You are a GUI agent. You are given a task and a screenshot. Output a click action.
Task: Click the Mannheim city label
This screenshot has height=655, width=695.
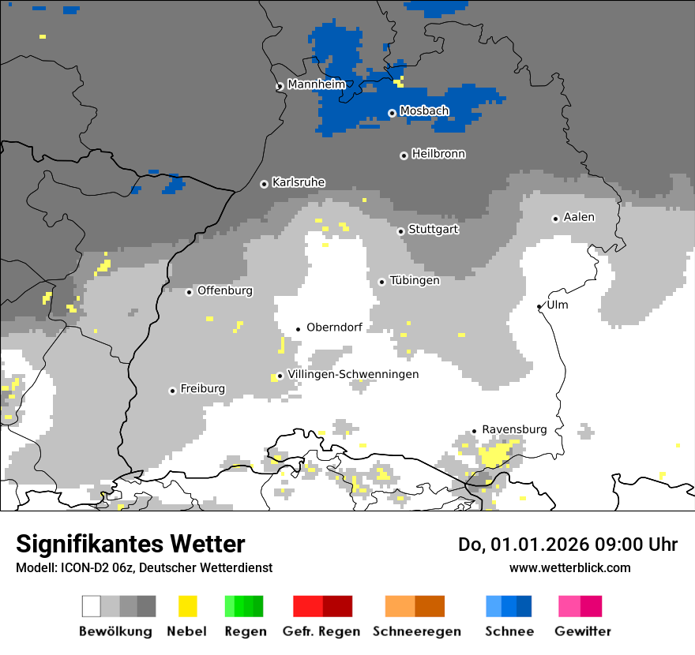tap(317, 84)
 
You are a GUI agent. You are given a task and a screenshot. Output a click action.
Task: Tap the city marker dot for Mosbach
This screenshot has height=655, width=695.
tap(392, 113)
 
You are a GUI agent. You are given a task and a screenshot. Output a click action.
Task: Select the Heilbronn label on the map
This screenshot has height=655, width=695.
tap(438, 154)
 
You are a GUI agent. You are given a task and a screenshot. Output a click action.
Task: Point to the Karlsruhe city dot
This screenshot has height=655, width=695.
tap(265, 184)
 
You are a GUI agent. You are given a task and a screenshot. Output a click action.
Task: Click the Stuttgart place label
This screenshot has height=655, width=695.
tap(434, 230)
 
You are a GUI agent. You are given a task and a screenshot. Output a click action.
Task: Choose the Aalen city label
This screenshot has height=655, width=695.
tap(579, 217)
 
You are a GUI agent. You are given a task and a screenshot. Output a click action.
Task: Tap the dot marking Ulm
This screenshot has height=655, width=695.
tap(539, 306)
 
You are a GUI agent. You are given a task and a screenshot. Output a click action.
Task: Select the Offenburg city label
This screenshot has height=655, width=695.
tap(225, 290)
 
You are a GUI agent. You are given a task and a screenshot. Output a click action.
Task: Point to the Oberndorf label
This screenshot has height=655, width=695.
tap(334, 327)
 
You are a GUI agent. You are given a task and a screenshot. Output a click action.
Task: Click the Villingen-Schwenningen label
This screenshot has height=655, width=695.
tap(353, 374)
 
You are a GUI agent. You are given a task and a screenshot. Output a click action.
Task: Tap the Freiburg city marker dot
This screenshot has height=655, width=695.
tap(172, 391)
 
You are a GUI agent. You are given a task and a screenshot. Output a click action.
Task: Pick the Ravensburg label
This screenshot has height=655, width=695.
tap(514, 429)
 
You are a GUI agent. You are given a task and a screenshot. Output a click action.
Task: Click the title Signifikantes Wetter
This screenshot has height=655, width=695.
tap(130, 544)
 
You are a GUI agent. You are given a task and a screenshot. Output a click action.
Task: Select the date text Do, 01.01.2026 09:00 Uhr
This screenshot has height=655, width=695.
tap(567, 545)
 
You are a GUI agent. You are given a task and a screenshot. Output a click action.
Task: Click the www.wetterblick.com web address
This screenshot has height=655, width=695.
tap(569, 567)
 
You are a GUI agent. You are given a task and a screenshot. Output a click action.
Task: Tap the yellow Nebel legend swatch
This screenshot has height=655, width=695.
tap(187, 606)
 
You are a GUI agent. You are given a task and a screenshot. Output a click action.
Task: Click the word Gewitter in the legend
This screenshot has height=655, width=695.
tap(582, 631)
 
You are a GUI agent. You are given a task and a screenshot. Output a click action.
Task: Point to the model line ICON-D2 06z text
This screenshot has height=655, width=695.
tap(144, 567)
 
